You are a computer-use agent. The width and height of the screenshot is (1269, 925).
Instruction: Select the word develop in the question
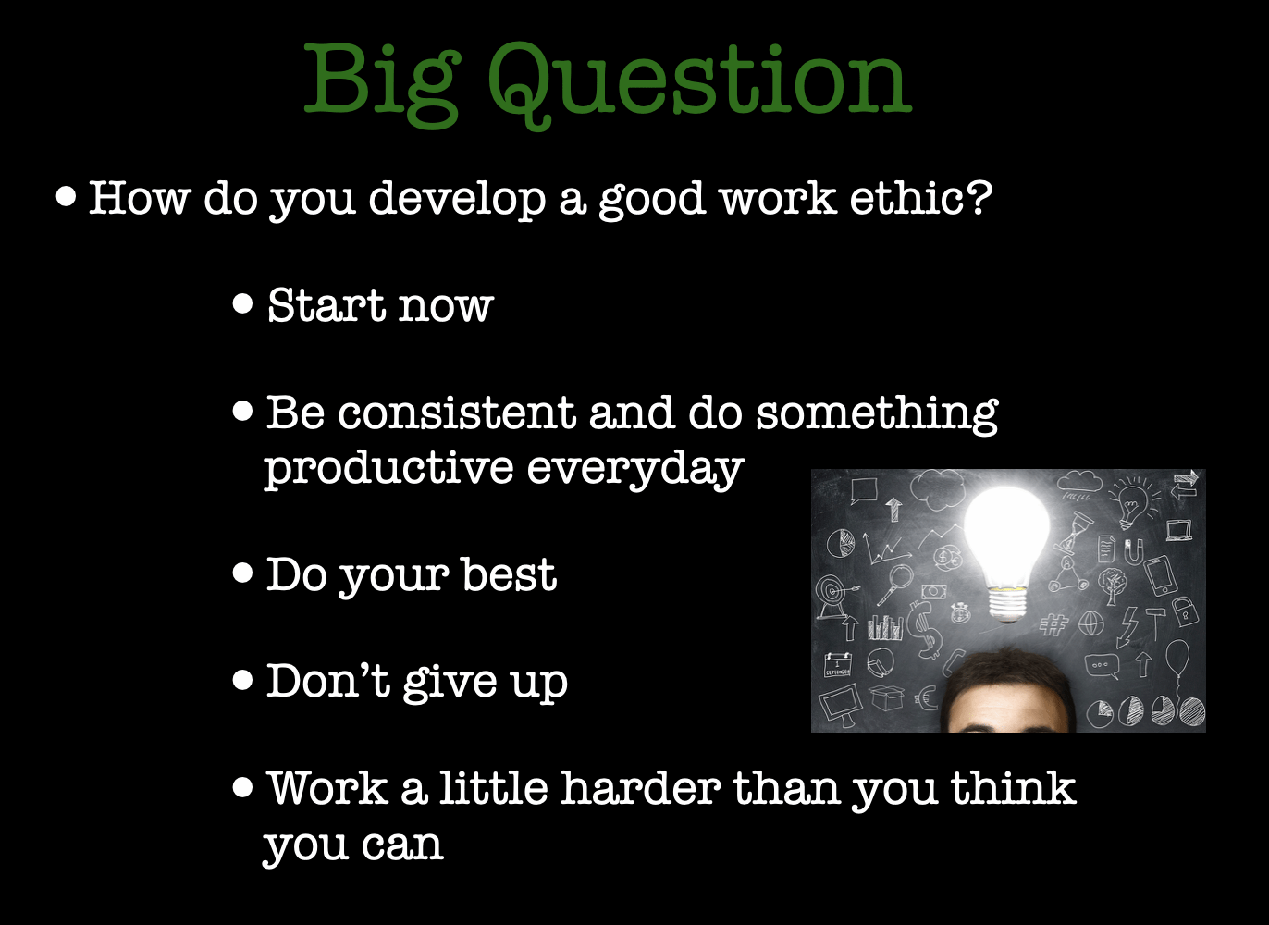(x=457, y=201)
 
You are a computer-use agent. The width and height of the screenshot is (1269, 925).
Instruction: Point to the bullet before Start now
(x=242, y=303)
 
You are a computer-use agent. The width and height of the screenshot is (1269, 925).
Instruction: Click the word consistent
(x=457, y=413)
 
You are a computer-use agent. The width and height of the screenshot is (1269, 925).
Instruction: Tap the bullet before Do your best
(x=242, y=573)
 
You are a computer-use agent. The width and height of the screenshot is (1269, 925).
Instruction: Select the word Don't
(x=328, y=681)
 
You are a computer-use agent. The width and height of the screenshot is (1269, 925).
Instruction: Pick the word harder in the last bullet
(x=640, y=787)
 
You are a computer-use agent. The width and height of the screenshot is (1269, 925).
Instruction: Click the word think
(x=1013, y=787)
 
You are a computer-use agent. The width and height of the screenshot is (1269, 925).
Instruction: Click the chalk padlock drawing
(x=1185, y=611)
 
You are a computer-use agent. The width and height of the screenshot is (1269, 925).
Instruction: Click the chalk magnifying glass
(x=895, y=584)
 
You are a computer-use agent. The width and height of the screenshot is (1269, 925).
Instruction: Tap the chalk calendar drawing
(x=838, y=665)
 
